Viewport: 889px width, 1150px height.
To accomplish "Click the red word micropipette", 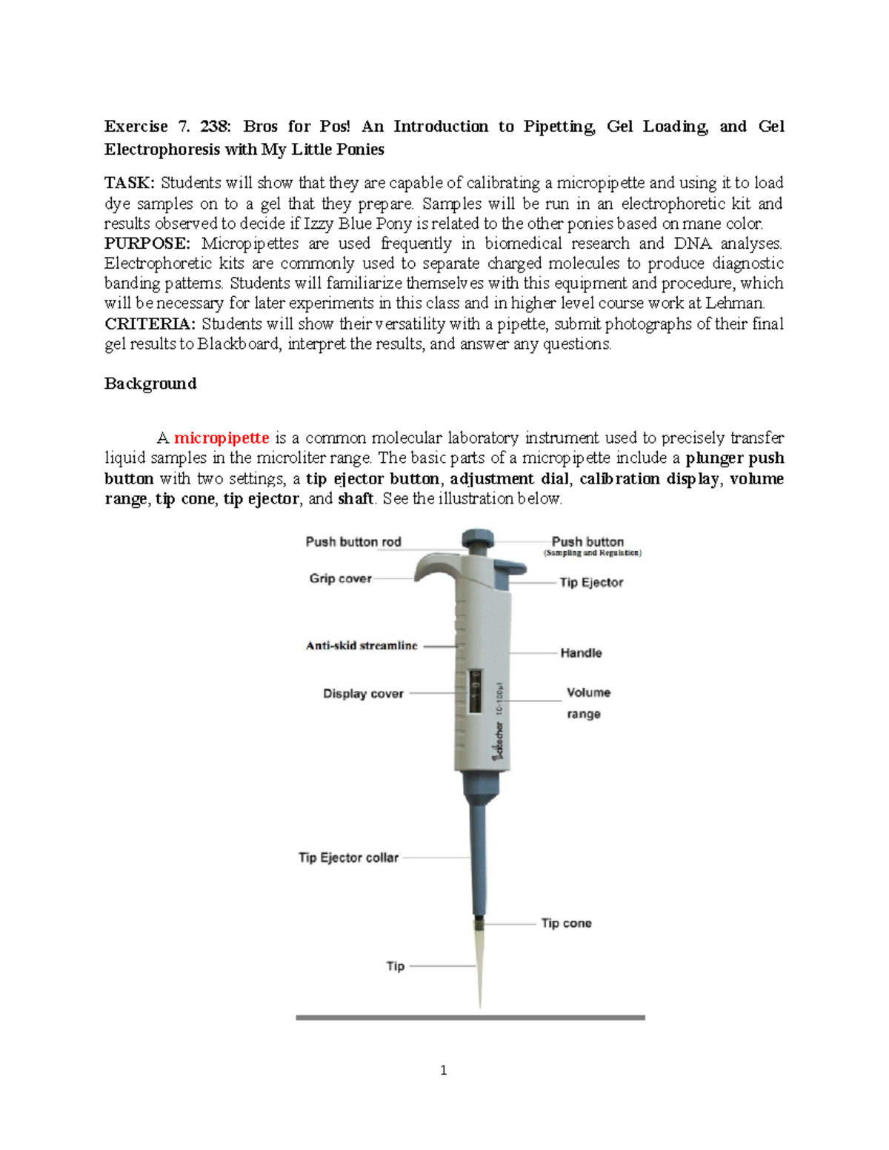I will (221, 438).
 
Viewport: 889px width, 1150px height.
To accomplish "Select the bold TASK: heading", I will (130, 183).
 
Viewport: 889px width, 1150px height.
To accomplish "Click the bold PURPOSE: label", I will (147, 244).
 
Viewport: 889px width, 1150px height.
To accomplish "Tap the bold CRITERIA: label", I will (150, 324).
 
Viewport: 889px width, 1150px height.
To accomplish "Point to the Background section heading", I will (150, 384).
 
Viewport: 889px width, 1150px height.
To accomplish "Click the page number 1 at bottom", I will (443, 1070).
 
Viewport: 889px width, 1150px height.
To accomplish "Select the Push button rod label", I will (353, 542).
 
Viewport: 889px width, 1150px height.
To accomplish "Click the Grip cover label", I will (340, 578).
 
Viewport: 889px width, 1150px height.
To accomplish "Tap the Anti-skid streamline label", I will (362, 646).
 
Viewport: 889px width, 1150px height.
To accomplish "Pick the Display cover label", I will (363, 694).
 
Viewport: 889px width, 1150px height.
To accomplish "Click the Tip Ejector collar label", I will (348, 858).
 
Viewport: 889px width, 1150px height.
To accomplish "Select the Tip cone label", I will (566, 923).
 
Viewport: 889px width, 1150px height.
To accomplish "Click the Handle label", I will (581, 653).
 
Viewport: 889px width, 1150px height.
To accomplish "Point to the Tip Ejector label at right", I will (591, 583).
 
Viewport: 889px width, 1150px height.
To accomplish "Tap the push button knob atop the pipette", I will (478, 539).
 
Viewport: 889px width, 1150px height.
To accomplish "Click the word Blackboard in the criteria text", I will (239, 344).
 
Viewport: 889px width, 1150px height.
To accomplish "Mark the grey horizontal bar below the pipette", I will (470, 1018).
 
